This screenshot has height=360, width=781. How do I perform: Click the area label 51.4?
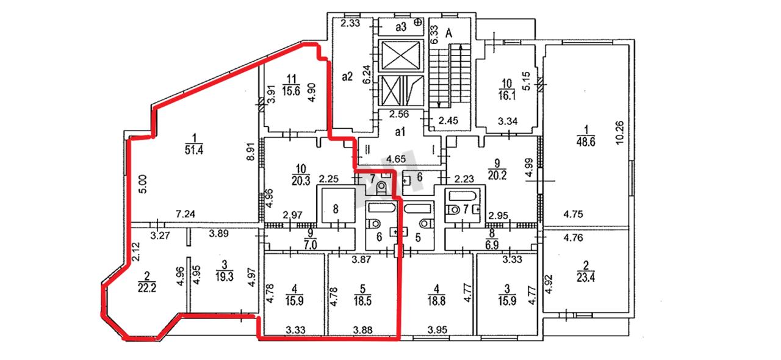194,150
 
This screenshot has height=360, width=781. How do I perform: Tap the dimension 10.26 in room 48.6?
619,133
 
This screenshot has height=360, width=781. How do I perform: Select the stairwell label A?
448,34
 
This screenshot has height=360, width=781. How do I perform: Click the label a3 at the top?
401,27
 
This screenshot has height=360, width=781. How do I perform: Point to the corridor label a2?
347,76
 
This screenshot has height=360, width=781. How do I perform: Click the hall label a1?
400,132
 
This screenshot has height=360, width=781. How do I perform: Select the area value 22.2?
147,288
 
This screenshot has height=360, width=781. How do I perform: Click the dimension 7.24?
185,214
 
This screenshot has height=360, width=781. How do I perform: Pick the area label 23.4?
586,278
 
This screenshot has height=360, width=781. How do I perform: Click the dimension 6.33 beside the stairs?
434,34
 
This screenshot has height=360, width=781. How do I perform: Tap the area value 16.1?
506,95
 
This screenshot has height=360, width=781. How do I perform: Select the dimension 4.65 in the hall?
396,159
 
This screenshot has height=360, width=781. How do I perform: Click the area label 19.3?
224,276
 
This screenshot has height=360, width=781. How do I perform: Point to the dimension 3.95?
437,329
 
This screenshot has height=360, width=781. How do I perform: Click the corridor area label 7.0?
311,245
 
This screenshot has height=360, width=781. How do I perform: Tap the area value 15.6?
291,92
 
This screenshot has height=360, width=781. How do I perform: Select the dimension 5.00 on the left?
143,184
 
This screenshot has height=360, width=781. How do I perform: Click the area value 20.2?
497,175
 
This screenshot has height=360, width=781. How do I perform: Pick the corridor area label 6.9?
492,245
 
